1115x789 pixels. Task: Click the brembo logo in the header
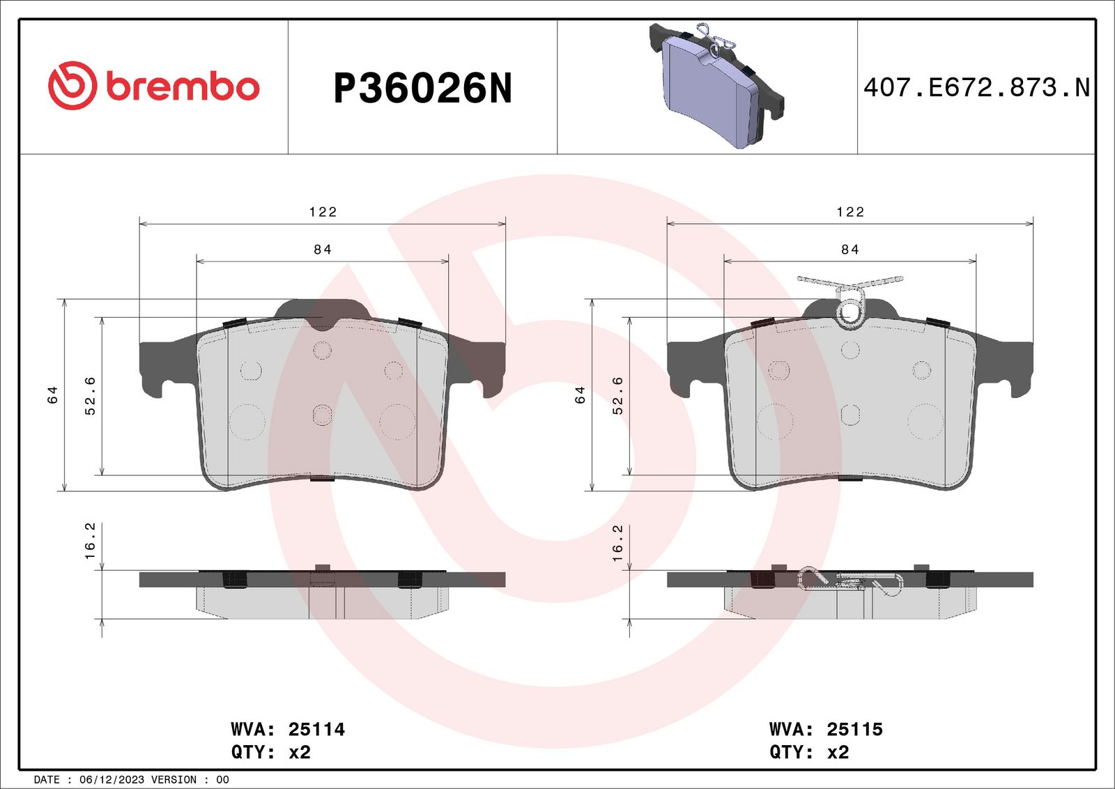[154, 86]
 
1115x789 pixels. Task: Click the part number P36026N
[422, 88]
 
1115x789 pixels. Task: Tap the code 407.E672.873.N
[976, 87]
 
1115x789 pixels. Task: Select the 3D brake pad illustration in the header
[717, 85]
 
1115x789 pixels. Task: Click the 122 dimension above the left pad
[323, 212]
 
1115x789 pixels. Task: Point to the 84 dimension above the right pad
[850, 250]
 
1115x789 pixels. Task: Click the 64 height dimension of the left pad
[53, 394]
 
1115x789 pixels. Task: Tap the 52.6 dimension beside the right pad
[617, 396]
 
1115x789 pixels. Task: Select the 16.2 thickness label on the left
[90, 541]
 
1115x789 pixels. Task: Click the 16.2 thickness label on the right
[617, 543]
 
